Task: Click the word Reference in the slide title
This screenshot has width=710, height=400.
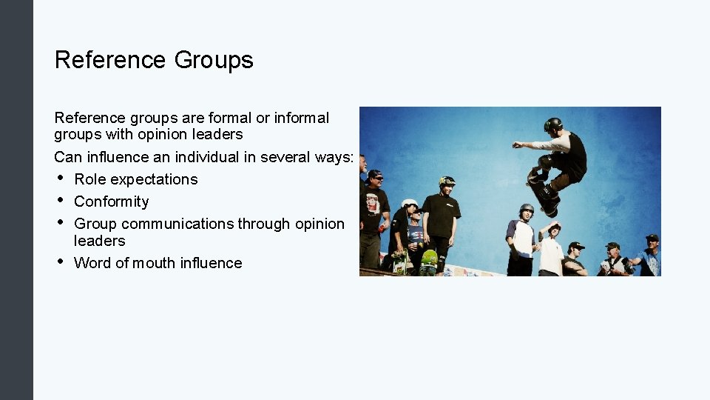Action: click(110, 60)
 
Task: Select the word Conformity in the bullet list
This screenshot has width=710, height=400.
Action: click(111, 201)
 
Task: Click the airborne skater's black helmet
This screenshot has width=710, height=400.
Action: click(552, 124)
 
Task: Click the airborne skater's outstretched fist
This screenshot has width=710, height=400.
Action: click(516, 144)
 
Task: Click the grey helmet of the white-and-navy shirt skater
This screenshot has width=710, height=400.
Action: click(527, 209)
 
